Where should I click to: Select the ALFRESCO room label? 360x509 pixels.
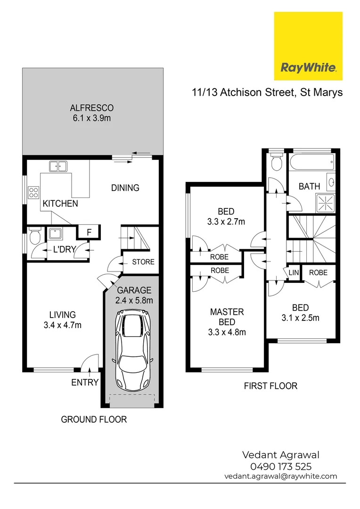click(x=92, y=107)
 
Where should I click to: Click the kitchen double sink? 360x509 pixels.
click(x=58, y=166)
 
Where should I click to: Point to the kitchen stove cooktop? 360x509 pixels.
click(x=34, y=192)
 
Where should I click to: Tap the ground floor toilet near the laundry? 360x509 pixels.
click(x=34, y=237)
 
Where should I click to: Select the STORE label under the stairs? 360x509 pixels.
click(x=143, y=262)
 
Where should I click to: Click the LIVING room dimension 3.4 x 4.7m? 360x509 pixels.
click(x=63, y=325)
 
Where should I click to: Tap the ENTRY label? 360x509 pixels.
click(x=85, y=382)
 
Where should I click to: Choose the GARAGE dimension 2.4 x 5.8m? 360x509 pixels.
click(x=134, y=300)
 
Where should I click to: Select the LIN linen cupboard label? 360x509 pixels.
click(x=293, y=272)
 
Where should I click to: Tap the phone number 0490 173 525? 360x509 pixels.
click(x=281, y=467)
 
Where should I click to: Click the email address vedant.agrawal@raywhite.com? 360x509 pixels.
click(x=281, y=476)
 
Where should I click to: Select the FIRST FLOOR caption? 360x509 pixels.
click(x=270, y=386)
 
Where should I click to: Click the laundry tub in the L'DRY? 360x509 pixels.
click(x=55, y=234)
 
